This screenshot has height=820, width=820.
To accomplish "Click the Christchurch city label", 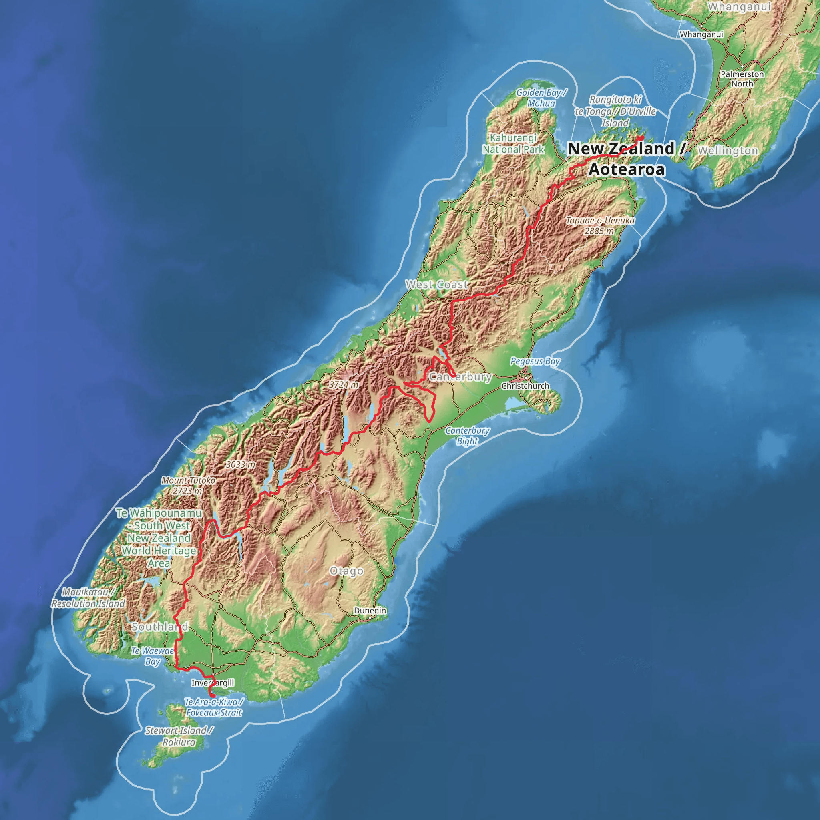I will click(x=525, y=386).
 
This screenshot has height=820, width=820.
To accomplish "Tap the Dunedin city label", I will click(x=370, y=610).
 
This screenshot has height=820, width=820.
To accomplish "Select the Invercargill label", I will click(x=213, y=683).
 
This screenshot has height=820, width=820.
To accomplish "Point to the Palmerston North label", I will click(x=742, y=79).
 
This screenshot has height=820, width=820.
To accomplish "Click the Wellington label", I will click(x=728, y=151).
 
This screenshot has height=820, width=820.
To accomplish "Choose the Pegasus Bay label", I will click(x=535, y=361).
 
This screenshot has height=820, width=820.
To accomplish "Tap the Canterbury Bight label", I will click(x=467, y=436).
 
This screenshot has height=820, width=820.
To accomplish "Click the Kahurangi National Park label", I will click(x=513, y=143).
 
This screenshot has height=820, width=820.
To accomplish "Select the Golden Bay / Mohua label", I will click(x=541, y=98).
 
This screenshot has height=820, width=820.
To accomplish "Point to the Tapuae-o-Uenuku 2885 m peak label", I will click(x=600, y=226).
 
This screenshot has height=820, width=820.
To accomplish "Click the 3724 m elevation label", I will click(x=344, y=384).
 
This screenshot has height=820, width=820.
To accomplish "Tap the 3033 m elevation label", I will click(x=241, y=464).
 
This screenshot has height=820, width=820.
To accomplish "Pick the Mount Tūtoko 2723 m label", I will click(x=188, y=486).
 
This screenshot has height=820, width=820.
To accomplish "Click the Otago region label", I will click(x=346, y=571).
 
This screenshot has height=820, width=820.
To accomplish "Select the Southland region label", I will click(x=160, y=627).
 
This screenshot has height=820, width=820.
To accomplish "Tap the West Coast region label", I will click(x=437, y=285).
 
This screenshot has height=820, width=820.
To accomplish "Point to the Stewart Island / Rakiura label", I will click(x=179, y=736).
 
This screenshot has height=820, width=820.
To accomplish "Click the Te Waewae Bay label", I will click(x=153, y=656).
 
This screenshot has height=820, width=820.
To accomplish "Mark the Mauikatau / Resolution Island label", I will click(x=88, y=598).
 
